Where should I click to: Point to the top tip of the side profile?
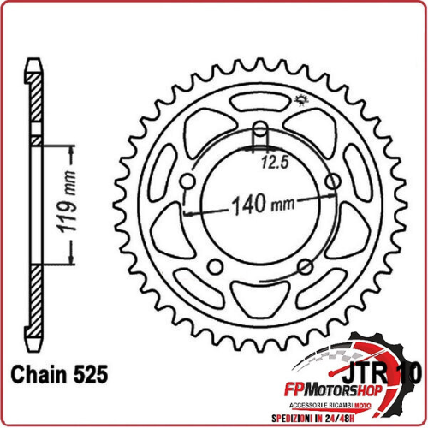tap(35, 74)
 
